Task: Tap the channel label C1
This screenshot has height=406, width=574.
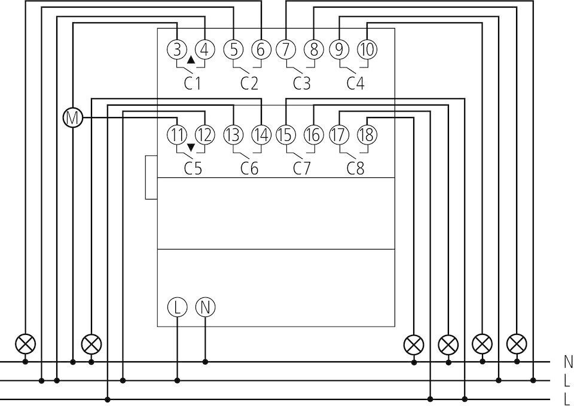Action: point(193,84)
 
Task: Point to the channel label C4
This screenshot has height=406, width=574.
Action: point(355,84)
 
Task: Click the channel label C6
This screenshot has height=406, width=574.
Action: point(249,168)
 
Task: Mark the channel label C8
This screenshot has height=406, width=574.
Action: point(355,168)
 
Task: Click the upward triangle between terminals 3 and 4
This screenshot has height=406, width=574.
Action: point(191,60)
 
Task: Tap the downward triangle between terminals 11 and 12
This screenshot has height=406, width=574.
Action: point(191,147)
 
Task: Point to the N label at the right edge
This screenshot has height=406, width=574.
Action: point(568,361)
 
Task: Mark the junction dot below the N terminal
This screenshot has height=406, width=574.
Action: point(205,362)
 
